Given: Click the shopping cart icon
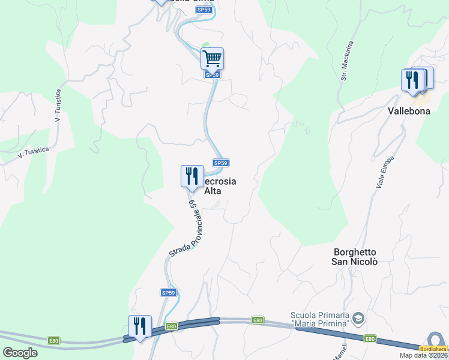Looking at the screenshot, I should [x=212, y=59].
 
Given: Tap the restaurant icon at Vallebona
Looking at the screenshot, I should [x=412, y=80].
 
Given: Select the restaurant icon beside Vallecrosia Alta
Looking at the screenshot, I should [x=192, y=176].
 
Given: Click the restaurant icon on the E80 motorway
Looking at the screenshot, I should [x=140, y=326].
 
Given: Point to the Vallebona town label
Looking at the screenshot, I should [x=409, y=111].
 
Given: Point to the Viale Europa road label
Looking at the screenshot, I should [x=385, y=173].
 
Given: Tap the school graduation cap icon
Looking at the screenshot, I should [x=358, y=317].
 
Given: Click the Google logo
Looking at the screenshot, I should [x=20, y=353].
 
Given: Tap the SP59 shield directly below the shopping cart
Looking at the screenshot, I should [x=212, y=75].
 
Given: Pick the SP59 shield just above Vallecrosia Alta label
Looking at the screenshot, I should [x=221, y=163].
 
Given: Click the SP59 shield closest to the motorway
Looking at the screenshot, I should [x=169, y=293].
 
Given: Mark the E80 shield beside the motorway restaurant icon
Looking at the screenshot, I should [x=172, y=326].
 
